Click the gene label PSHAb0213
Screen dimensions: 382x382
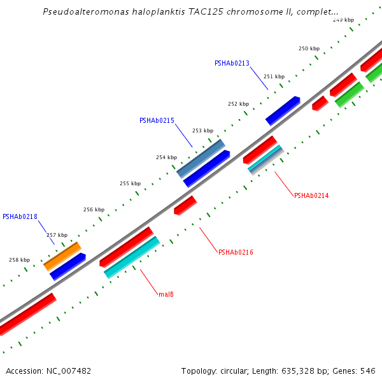pos(232,63)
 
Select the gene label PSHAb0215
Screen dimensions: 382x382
pos(157,120)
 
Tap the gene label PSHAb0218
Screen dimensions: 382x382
pos(20,216)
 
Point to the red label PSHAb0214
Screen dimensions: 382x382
pos(311,195)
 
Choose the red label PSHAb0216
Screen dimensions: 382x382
pos(236,252)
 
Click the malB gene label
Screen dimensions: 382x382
pos(166,294)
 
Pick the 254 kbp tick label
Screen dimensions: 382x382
pos(166,157)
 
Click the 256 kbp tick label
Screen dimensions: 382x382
pos(94,209)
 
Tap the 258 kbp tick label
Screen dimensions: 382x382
pos(19,260)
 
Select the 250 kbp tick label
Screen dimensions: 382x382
pos(309,48)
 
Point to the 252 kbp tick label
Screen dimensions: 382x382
pos(238,104)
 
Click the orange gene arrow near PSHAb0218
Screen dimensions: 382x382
pos(62,256)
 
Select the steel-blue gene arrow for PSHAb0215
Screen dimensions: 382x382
pos(201,159)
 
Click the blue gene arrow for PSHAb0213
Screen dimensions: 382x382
pos(283,110)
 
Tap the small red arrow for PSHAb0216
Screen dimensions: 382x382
pos(185,205)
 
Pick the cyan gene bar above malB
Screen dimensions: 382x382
pos(132,257)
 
